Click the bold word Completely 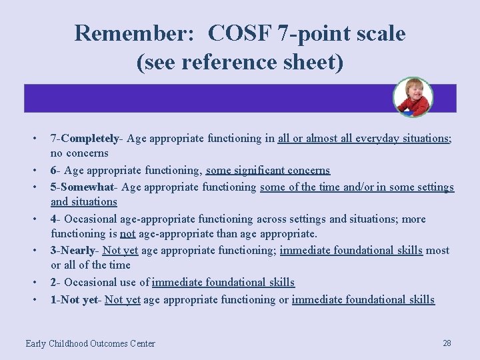pyautogui.click(x=89, y=139)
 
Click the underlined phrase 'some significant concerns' pyautogui.click(x=268, y=170)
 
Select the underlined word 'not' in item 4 pyautogui.click(x=127, y=234)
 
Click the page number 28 pyautogui.click(x=447, y=343)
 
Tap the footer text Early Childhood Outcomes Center pyautogui.click(x=90, y=343)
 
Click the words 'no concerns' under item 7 pyautogui.click(x=79, y=154)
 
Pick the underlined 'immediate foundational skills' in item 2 pyautogui.click(x=223, y=283)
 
